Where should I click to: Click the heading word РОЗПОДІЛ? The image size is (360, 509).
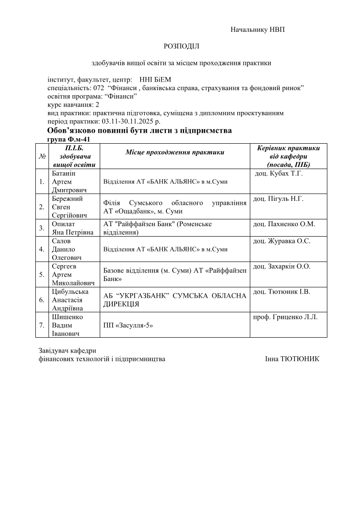(181, 46)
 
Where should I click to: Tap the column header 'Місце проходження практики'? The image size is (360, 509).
(175, 152)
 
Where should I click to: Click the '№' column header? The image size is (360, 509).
(42, 156)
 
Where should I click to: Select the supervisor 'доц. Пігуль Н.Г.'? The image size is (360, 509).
(278, 199)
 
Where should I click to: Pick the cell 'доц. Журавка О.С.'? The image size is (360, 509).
(282, 241)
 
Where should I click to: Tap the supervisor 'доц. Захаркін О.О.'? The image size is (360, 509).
(282, 267)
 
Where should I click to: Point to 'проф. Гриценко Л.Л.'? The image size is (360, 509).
(285, 317)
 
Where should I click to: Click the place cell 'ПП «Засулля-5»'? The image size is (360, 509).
(128, 325)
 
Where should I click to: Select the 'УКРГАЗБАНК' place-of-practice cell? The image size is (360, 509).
(175, 300)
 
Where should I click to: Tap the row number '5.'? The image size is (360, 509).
(42, 274)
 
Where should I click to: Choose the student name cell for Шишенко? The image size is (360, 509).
(66, 325)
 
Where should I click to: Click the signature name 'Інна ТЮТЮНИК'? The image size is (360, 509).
(292, 359)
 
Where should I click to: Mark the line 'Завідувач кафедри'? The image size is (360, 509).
(68, 350)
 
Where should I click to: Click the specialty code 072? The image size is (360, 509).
(99, 87)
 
